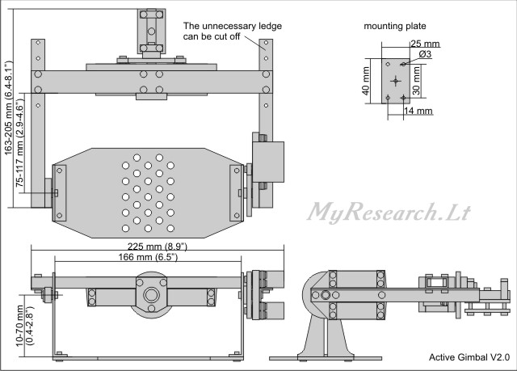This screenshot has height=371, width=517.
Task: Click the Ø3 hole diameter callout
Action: point(425,54)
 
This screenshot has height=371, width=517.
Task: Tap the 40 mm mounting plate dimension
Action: point(366,80)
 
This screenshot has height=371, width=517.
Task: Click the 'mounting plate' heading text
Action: point(396,27)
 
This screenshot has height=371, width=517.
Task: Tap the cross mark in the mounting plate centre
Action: point(394,80)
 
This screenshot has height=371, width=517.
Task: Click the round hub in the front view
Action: point(149,296)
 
